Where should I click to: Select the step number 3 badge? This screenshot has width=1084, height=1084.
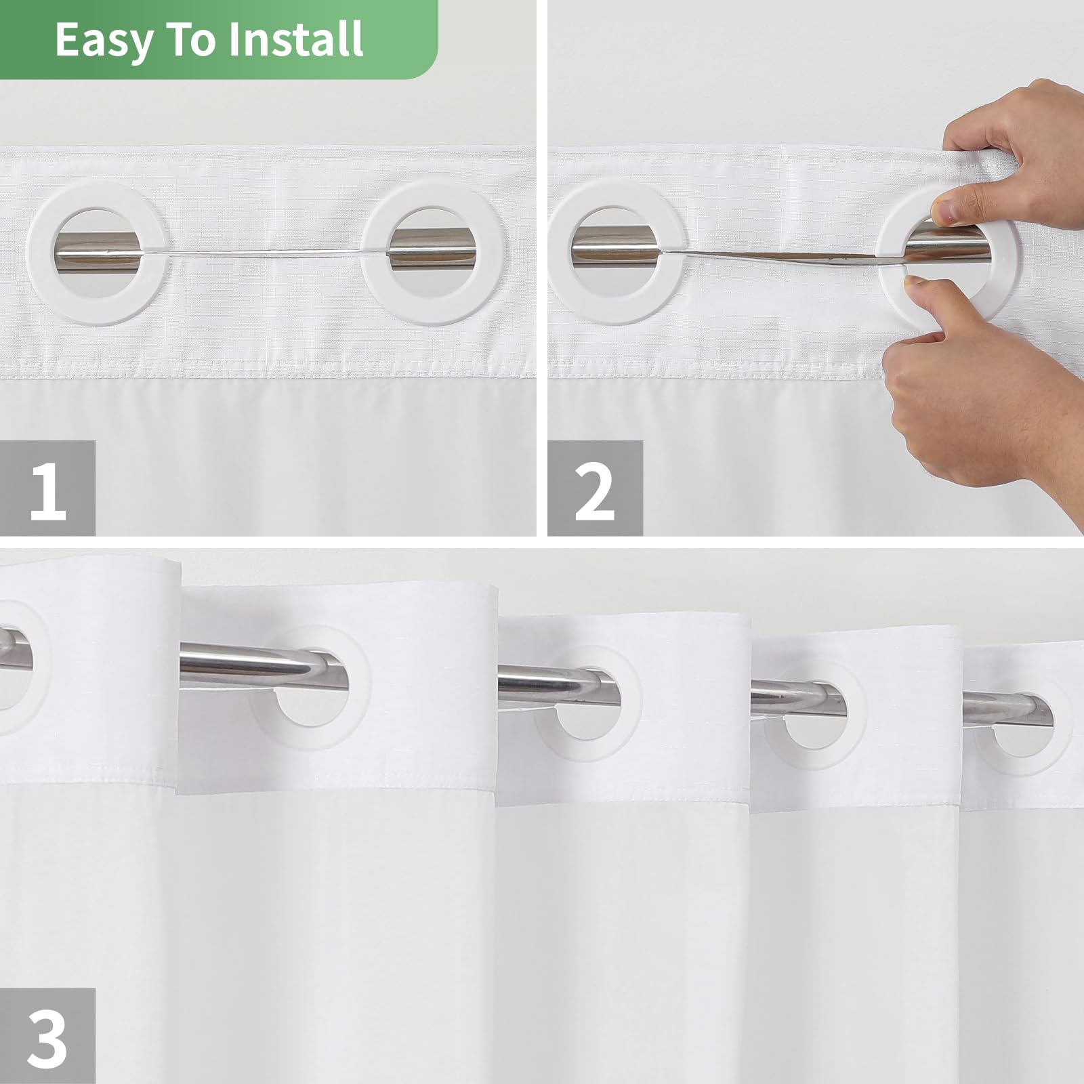pos(47,1036)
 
